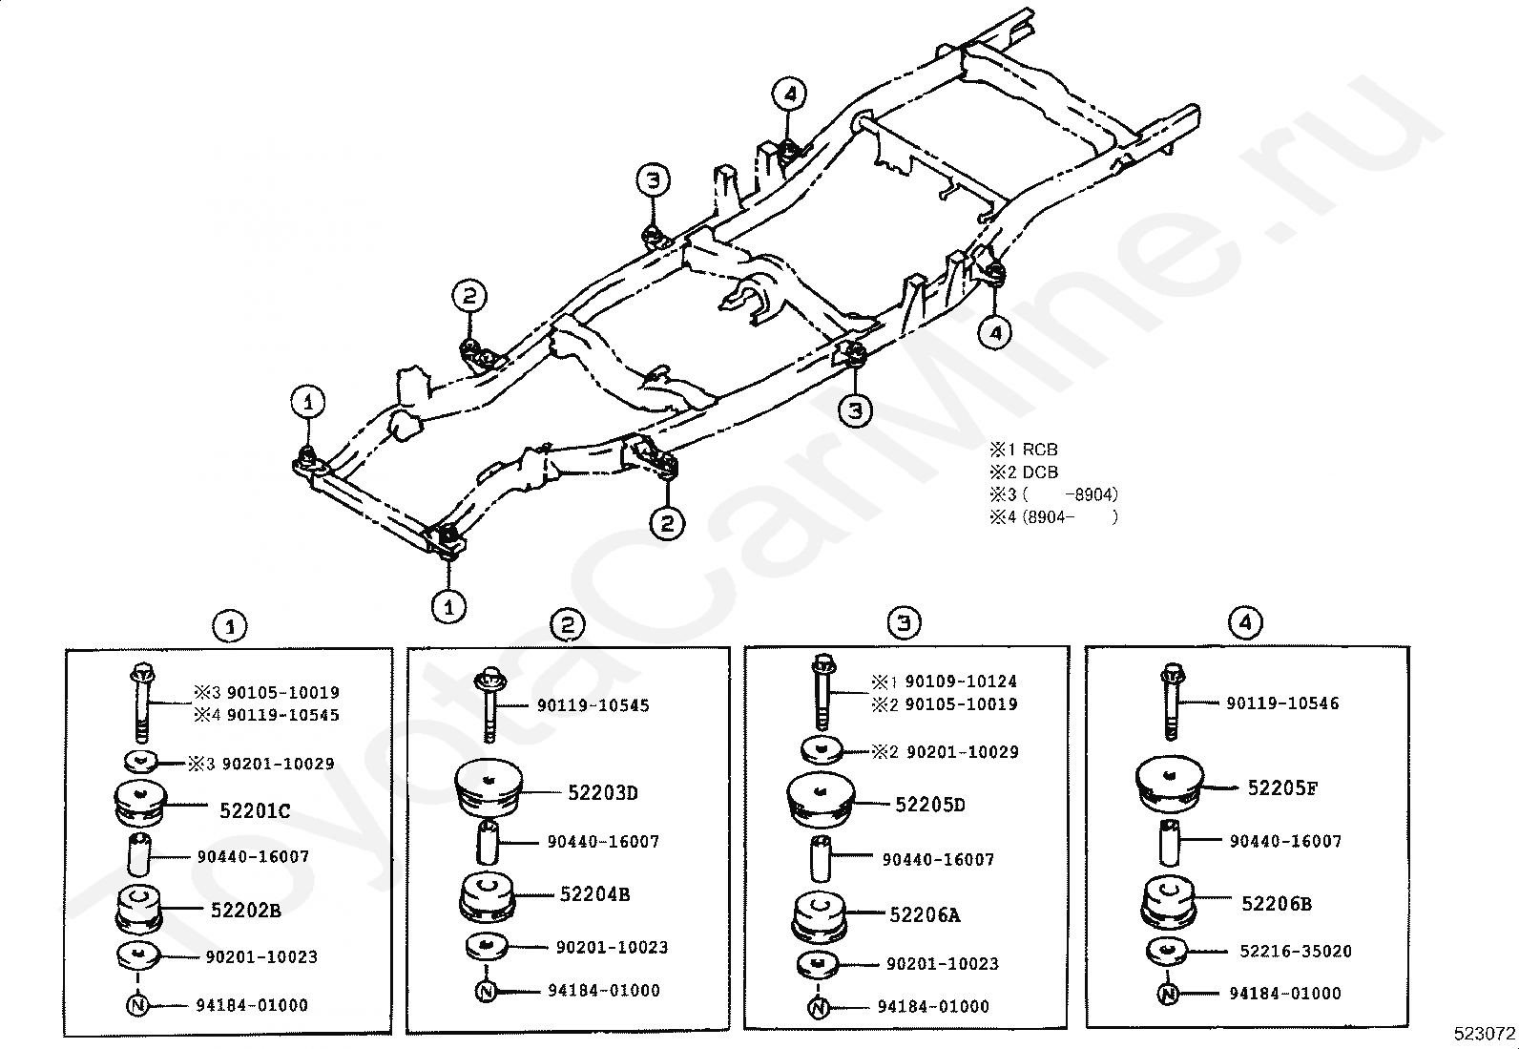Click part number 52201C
coord(255,811)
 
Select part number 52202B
coord(246,911)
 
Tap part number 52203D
coord(603,792)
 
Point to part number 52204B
coord(594,895)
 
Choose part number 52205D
coord(930,806)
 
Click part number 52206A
coord(925,915)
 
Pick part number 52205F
coord(1282,788)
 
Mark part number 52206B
coord(1277,904)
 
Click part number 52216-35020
coord(1296,952)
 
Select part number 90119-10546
coord(1282,703)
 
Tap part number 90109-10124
coord(960,682)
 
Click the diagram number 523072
coord(1485,1034)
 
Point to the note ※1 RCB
coord(1023,450)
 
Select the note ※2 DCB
coord(1023,472)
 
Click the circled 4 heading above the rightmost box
coord(1245,623)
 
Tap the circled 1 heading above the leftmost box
coord(229,627)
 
